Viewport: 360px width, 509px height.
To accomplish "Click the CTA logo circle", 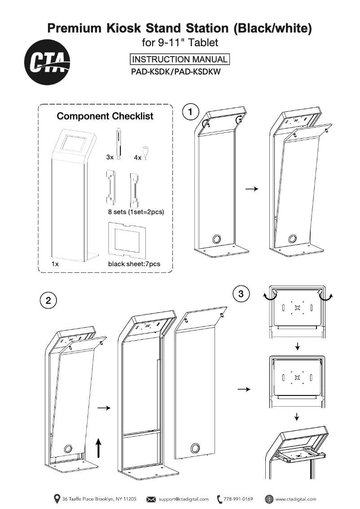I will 47,62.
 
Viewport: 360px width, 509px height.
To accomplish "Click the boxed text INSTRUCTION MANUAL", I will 180,59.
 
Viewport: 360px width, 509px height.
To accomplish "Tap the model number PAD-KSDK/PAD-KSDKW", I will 176,71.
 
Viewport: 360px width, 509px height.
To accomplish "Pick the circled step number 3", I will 241,294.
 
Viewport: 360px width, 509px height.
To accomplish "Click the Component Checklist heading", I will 105,116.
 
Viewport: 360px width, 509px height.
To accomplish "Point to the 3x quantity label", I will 110,158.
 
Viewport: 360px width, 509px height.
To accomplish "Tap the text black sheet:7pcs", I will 134,264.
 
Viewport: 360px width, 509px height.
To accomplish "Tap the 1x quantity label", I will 55,264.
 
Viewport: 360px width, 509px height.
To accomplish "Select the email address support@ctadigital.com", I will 184,499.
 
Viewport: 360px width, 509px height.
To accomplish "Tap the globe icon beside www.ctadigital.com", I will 269,499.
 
